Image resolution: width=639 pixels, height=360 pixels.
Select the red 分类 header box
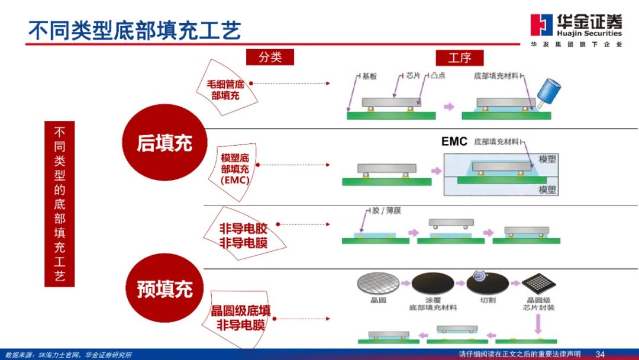click(270, 57)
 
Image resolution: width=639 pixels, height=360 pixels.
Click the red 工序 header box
click(460, 57)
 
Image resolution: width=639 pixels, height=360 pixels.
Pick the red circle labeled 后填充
click(164, 143)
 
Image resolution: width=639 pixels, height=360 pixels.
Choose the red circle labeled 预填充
click(164, 289)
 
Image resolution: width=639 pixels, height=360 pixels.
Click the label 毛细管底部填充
click(225, 89)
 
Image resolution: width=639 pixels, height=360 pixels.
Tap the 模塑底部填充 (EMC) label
click(235, 169)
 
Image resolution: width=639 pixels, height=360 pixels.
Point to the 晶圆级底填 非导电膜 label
click(241, 317)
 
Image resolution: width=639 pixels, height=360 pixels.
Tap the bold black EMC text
click(454, 142)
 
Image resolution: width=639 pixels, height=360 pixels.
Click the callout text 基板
click(369, 76)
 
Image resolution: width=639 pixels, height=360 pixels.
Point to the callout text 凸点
click(438, 76)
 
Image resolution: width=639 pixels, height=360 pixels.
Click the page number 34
click(600, 354)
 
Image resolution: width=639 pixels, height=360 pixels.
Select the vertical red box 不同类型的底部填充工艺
click(60, 203)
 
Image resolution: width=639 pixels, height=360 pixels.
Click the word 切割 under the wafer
click(488, 300)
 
